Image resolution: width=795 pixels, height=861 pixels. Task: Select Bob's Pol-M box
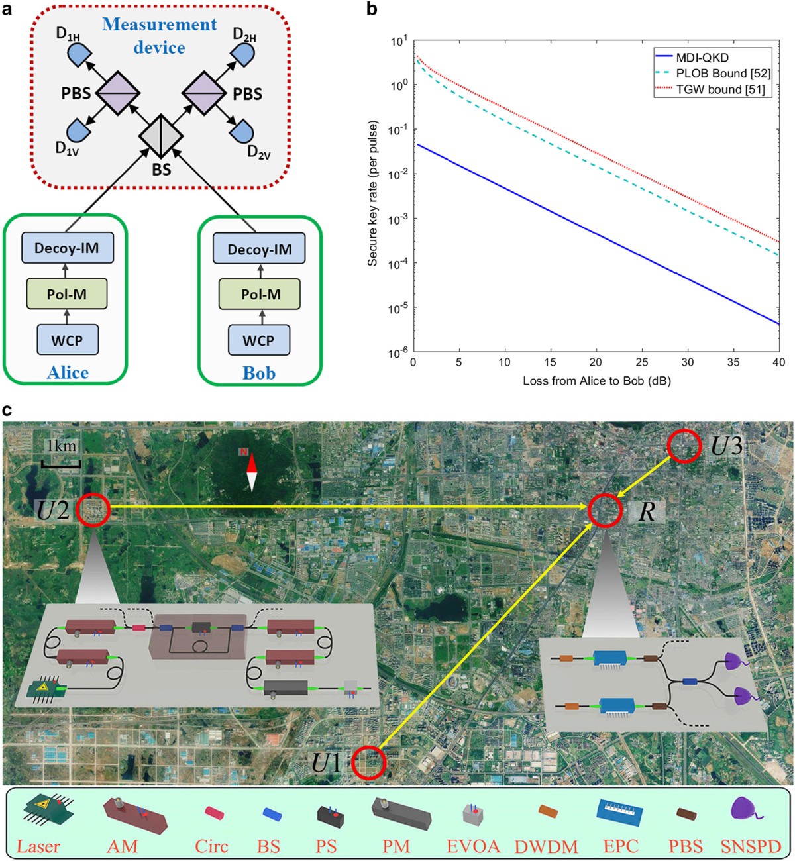tap(260, 293)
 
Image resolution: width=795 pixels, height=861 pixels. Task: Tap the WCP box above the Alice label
tap(67, 340)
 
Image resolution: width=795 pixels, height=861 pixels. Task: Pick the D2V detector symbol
tap(242, 131)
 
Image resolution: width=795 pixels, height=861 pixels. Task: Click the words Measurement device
tap(159, 36)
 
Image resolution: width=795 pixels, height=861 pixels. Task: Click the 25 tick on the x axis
tap(642, 362)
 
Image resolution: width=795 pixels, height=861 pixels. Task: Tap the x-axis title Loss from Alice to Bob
tap(596, 381)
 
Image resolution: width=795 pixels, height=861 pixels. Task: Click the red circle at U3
tap(683, 448)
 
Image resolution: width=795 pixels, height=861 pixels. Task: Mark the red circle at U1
tap(368, 762)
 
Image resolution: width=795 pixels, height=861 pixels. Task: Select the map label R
tap(646, 512)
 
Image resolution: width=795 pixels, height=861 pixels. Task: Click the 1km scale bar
tap(61, 463)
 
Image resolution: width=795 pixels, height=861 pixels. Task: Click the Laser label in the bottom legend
tap(38, 846)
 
